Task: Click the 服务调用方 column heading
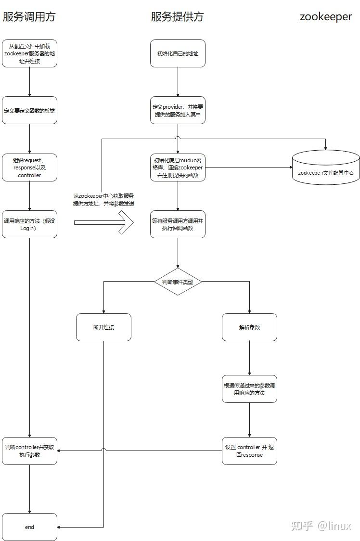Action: click(x=29, y=17)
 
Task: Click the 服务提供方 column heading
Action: click(x=177, y=17)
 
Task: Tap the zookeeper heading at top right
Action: click(x=326, y=17)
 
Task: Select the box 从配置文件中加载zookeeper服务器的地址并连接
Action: click(x=29, y=53)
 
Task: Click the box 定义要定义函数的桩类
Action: click(x=29, y=110)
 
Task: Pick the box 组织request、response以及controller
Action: click(x=29, y=167)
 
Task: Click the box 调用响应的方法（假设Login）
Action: click(x=29, y=224)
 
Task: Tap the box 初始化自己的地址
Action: click(x=178, y=53)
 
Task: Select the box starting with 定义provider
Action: click(x=178, y=110)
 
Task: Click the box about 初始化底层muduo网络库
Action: click(x=178, y=167)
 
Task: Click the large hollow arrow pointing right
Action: click(x=103, y=223)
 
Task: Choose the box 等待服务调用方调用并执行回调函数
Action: click(x=178, y=224)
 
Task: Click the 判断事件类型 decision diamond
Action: click(x=178, y=282)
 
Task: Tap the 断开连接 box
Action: click(x=103, y=327)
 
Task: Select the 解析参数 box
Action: click(x=249, y=327)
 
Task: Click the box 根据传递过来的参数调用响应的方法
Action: click(x=249, y=389)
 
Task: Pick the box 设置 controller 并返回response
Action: click(x=249, y=451)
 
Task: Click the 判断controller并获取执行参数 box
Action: click(x=29, y=451)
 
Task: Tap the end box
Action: click(x=29, y=527)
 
